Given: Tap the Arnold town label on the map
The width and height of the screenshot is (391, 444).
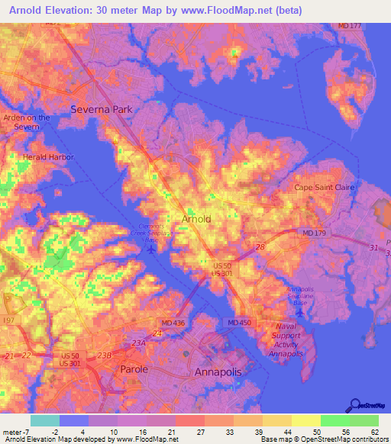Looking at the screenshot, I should (x=196, y=219).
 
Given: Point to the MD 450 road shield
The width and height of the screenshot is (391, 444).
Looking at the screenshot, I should (x=240, y=323).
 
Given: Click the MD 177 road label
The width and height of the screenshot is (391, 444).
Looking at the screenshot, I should (x=349, y=25).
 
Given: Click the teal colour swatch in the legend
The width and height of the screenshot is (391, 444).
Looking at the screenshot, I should (x=44, y=420).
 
